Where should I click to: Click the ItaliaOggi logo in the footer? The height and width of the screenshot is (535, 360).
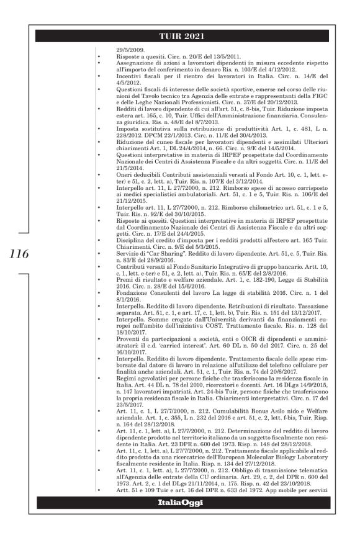click(x=180, y=519)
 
